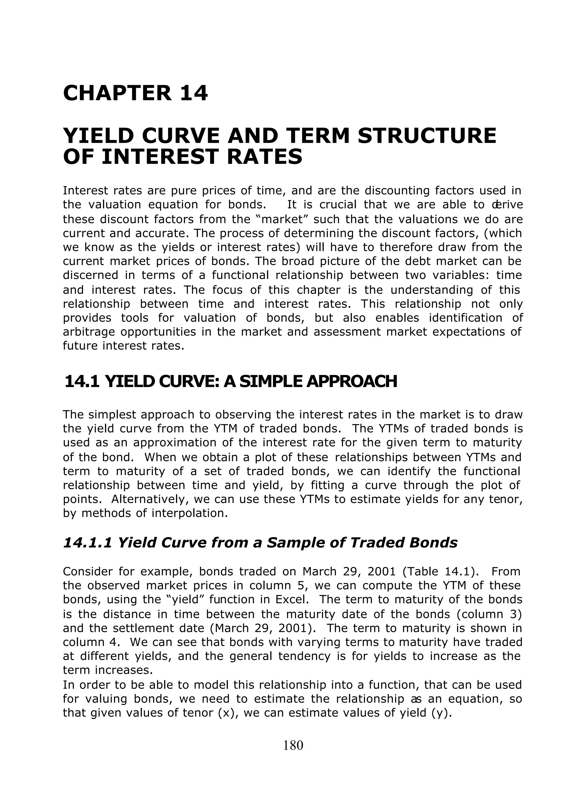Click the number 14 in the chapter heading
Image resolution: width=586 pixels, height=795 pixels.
point(194,93)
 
